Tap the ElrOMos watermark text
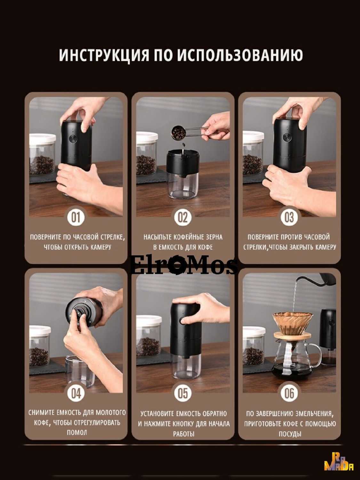184,266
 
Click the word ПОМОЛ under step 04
76,432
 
